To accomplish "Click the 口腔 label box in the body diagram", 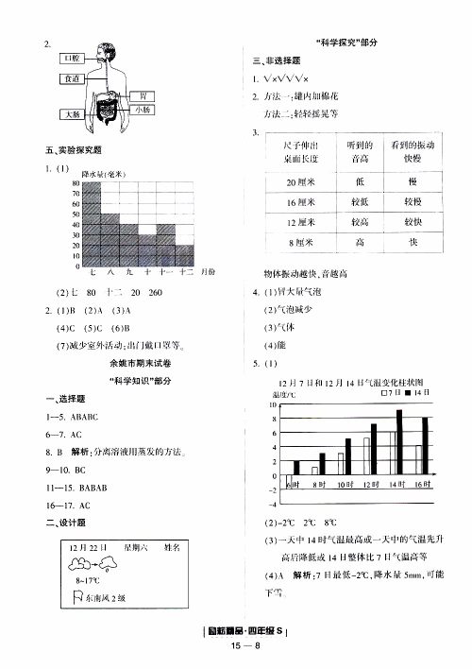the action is [73, 59].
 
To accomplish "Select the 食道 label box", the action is [73, 78].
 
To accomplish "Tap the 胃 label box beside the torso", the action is [142, 96].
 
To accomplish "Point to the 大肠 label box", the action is [73, 114].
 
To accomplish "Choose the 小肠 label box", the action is [142, 110].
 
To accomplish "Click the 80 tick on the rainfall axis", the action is [76, 183].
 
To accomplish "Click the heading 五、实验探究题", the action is [74, 151].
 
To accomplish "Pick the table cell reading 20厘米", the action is [304, 181].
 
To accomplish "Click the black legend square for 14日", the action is [403, 392].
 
